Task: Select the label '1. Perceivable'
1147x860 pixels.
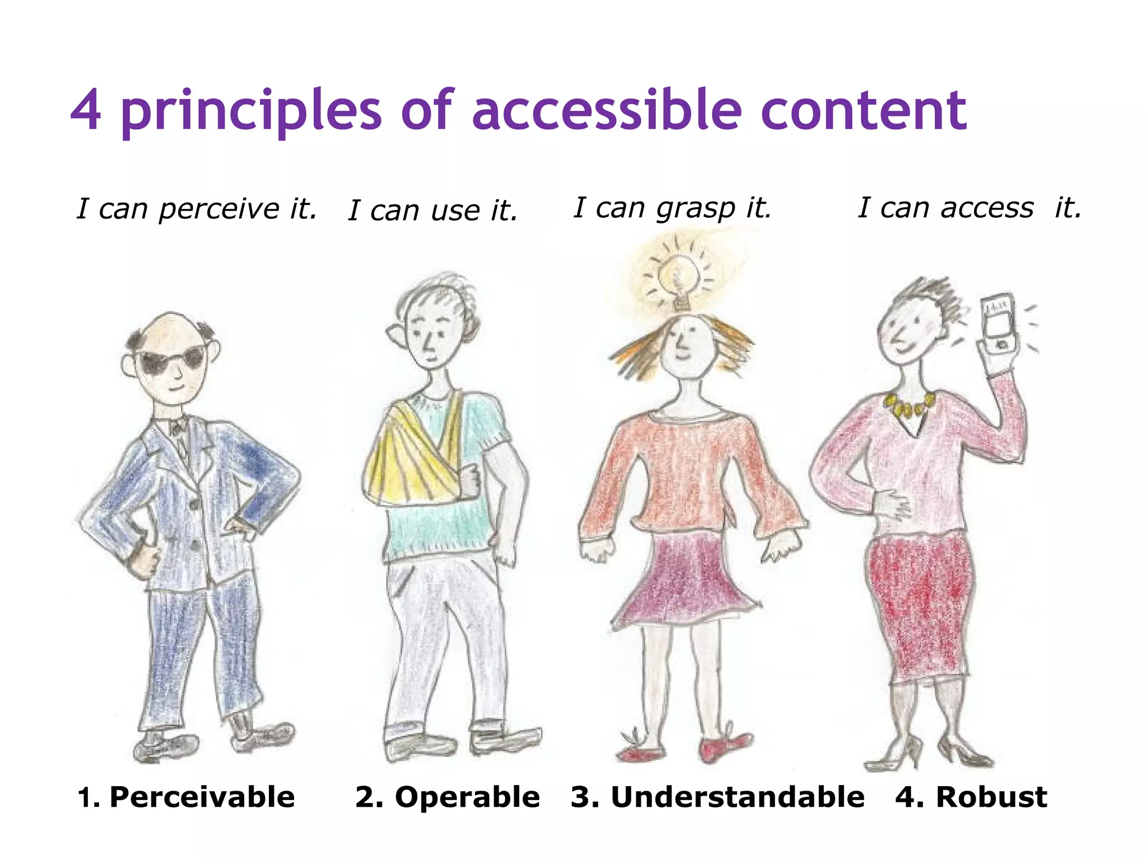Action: click(x=186, y=797)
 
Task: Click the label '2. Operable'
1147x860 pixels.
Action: click(x=447, y=797)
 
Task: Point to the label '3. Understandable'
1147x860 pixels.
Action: click(x=717, y=797)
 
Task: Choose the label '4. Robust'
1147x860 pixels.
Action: click(x=971, y=797)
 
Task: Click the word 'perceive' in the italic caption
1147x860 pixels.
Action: click(x=218, y=209)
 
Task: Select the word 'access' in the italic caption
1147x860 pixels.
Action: click(x=987, y=208)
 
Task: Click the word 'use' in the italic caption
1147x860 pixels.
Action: click(x=455, y=211)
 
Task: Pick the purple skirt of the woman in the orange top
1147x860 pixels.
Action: click(x=686, y=579)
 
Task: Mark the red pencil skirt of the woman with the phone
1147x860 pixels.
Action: click(x=918, y=605)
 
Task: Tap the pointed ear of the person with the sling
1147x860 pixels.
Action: click(x=396, y=334)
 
